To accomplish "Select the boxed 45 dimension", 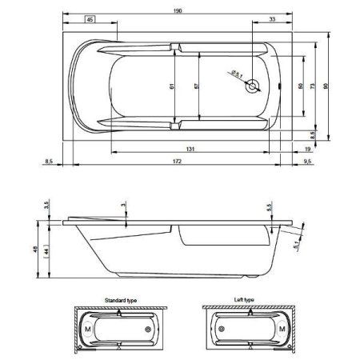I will (x=90, y=20).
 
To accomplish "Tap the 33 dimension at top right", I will (x=273, y=20).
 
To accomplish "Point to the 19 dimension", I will (x=306, y=148).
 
